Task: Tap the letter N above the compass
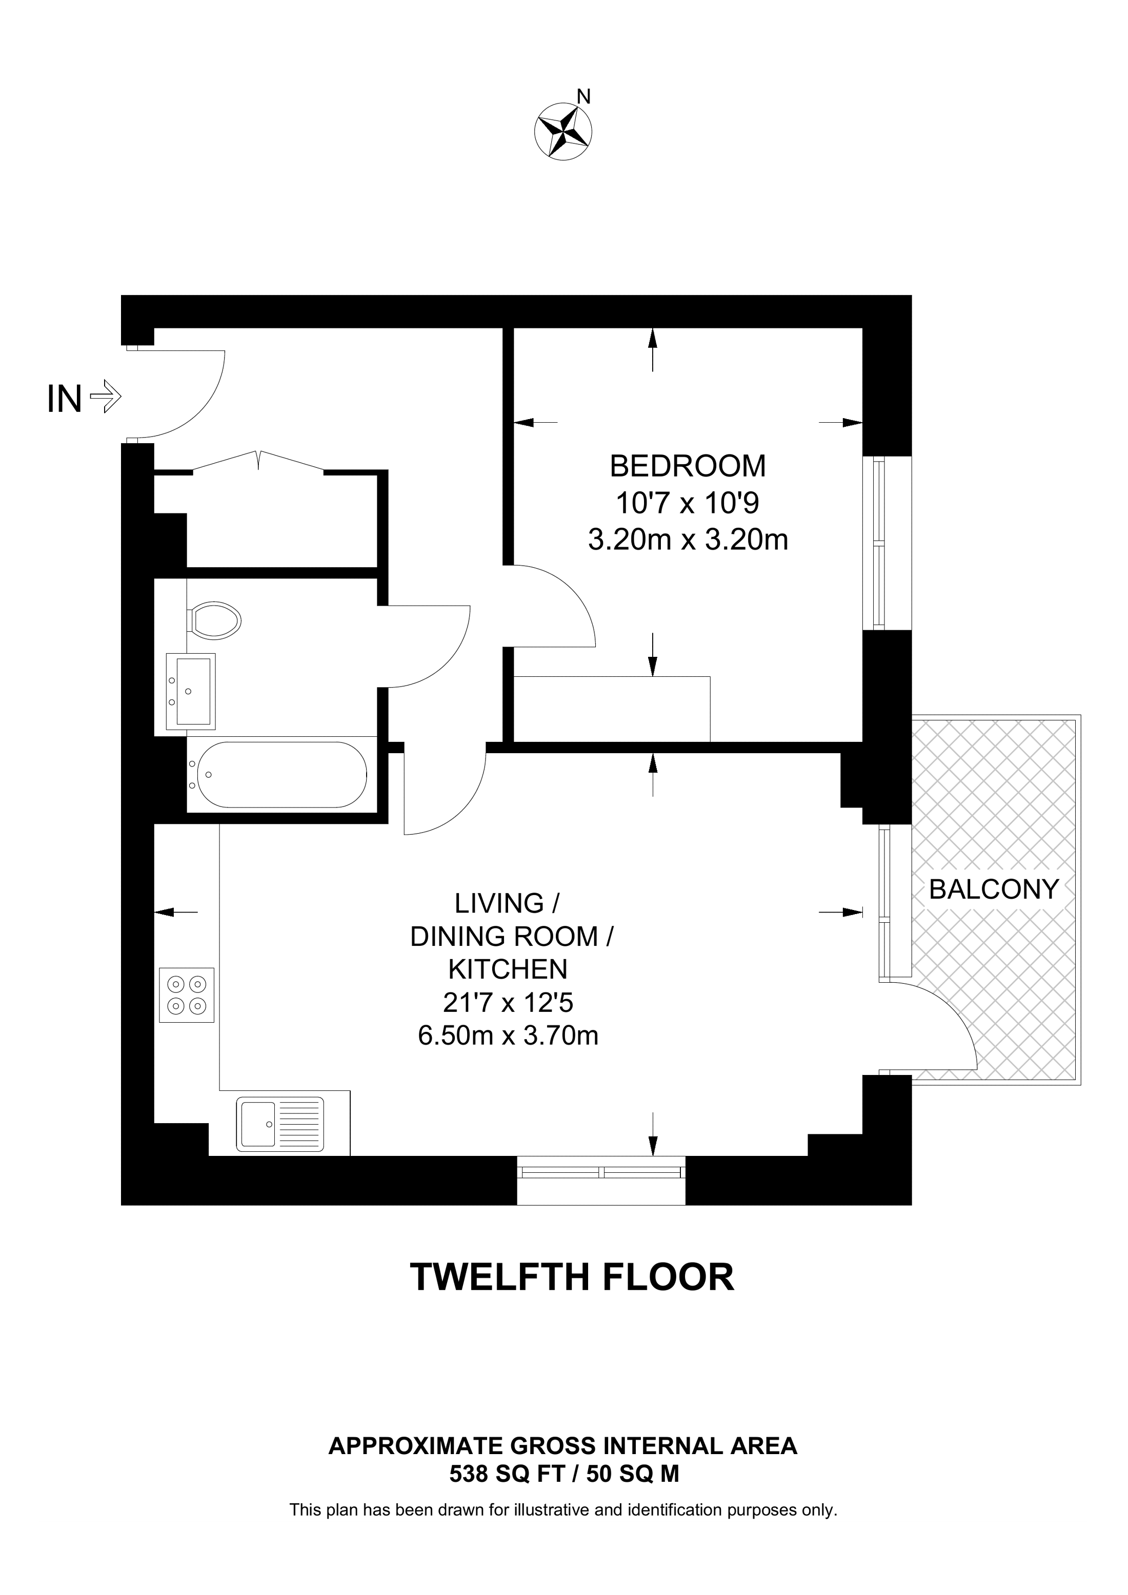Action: (x=585, y=96)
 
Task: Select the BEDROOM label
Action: (x=688, y=466)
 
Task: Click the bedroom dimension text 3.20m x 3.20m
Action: (x=688, y=540)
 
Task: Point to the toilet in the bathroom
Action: (x=214, y=620)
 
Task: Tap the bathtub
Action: (x=281, y=775)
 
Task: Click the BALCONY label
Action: (x=993, y=889)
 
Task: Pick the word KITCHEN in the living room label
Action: (x=508, y=969)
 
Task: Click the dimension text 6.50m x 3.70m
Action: (x=508, y=1036)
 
